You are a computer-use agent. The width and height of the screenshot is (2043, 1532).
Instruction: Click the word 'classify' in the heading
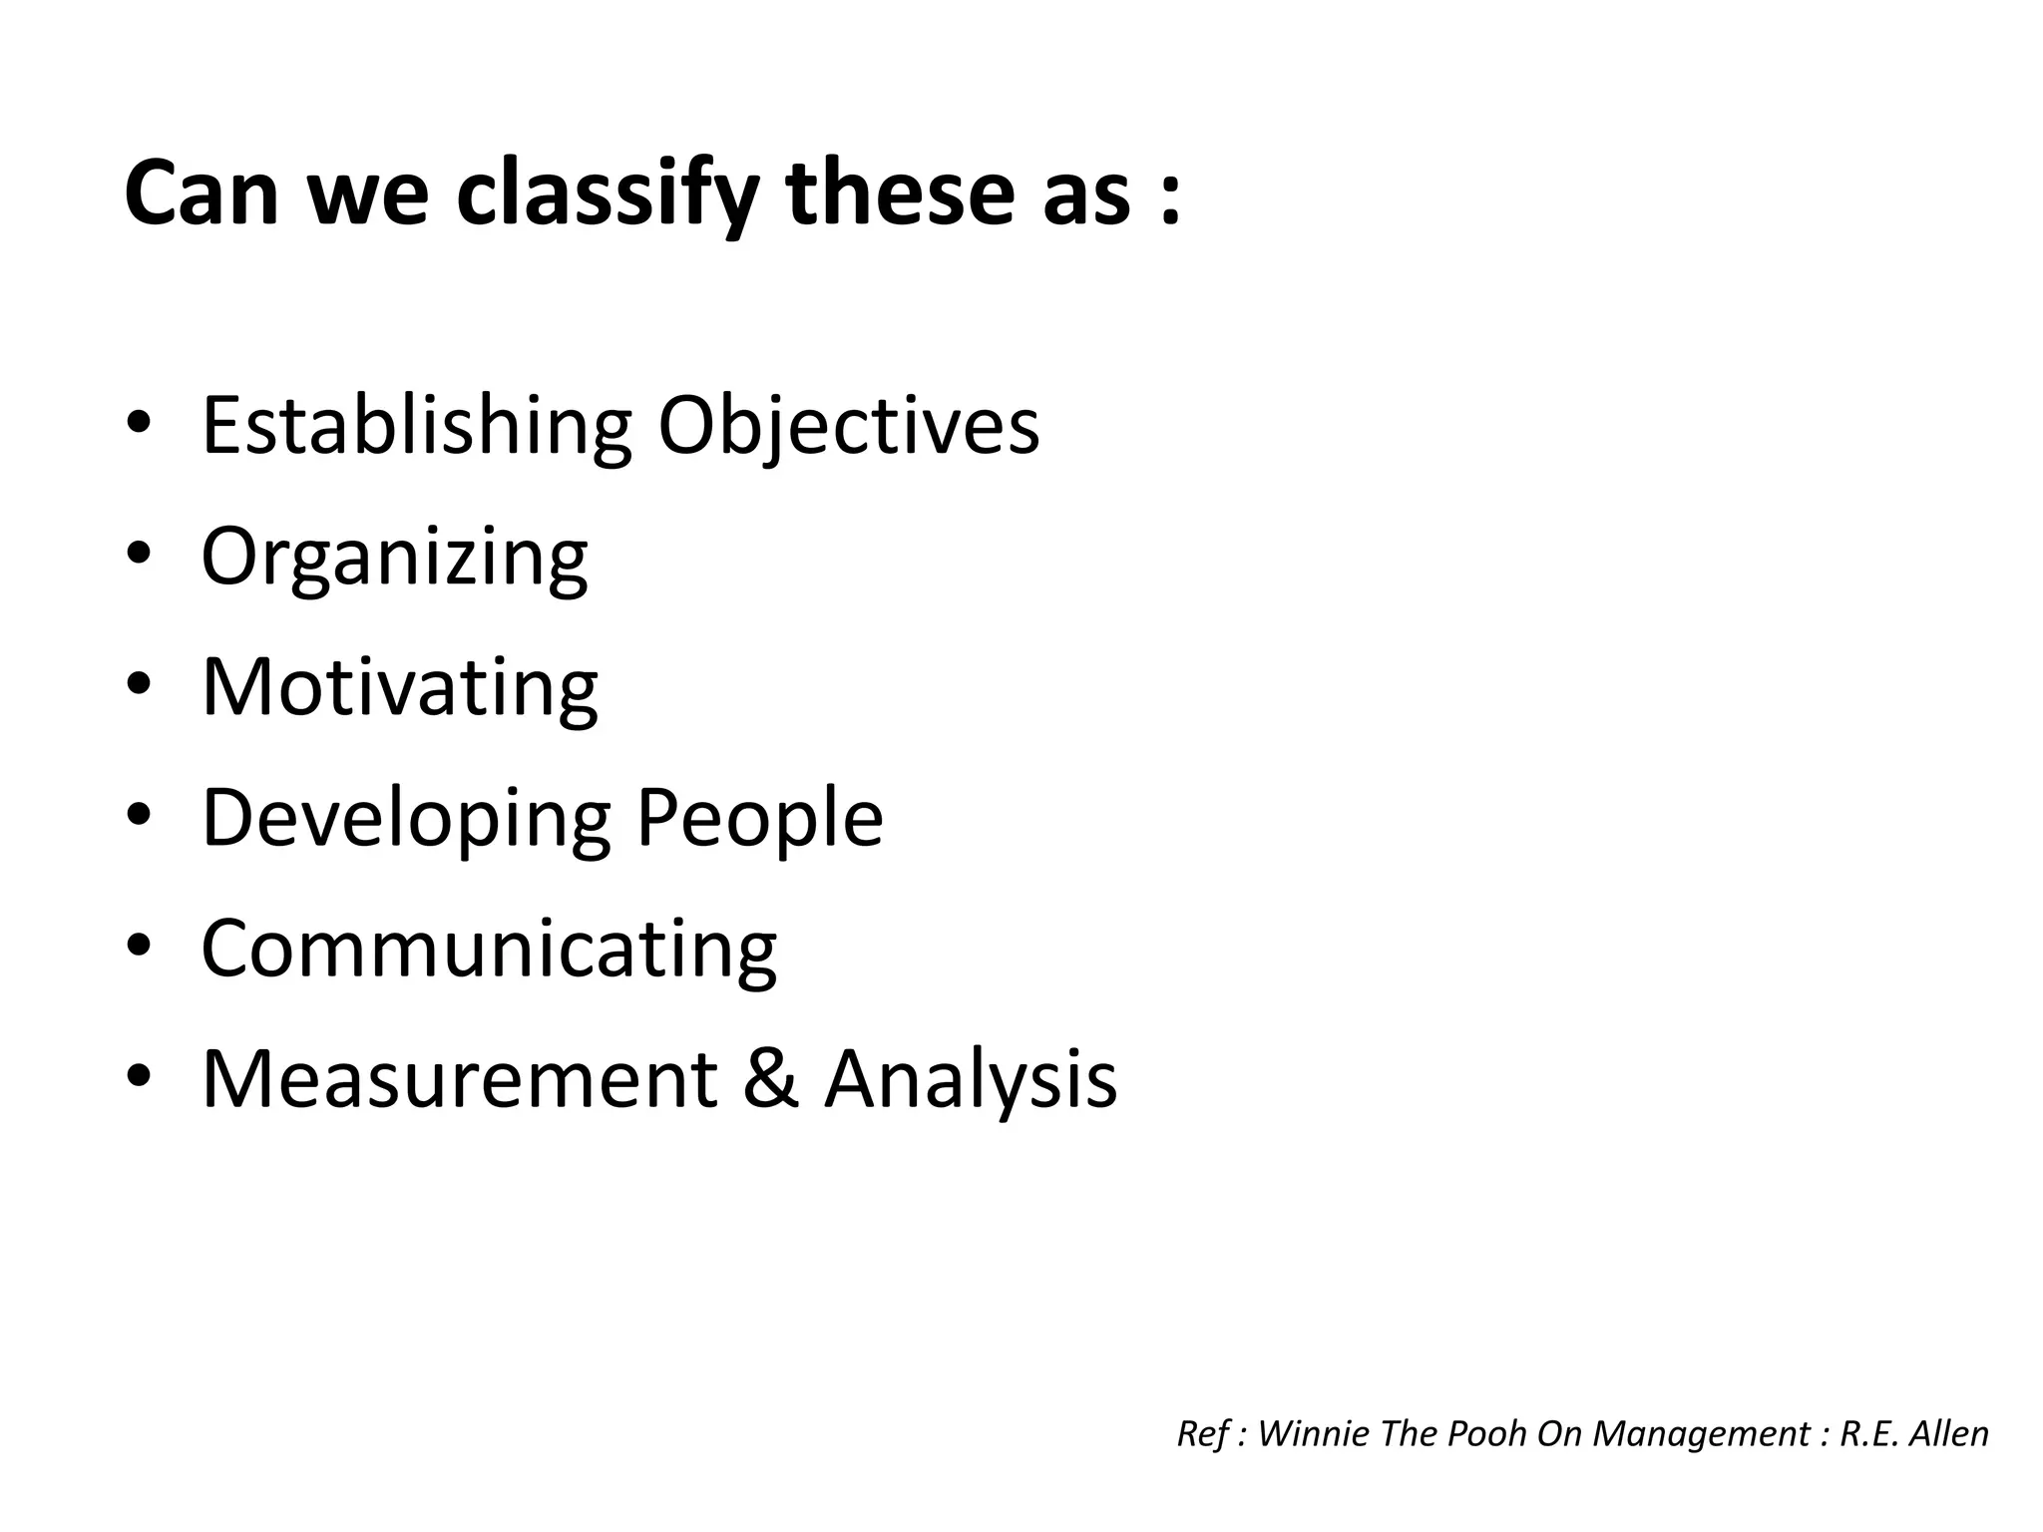[x=608, y=194]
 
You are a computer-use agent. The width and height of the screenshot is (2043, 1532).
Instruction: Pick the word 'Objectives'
[x=848, y=426]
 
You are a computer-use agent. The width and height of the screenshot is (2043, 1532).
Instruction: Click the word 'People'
[x=759, y=818]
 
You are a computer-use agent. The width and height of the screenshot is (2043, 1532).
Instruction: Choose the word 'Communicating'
[x=489, y=949]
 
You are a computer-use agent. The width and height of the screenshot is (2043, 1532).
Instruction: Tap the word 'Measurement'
[x=459, y=1078]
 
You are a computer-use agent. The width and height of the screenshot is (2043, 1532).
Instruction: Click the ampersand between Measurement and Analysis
[x=770, y=1078]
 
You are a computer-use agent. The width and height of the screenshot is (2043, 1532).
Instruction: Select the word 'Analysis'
[x=970, y=1078]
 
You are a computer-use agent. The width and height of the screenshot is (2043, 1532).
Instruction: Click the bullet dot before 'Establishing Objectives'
[x=139, y=423]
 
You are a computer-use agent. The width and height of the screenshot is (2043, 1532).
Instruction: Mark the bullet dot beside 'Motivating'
[x=139, y=684]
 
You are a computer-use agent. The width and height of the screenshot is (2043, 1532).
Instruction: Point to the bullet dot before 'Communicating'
[x=139, y=946]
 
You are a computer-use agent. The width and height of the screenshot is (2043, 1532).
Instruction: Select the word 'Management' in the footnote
[x=1695, y=1433]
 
